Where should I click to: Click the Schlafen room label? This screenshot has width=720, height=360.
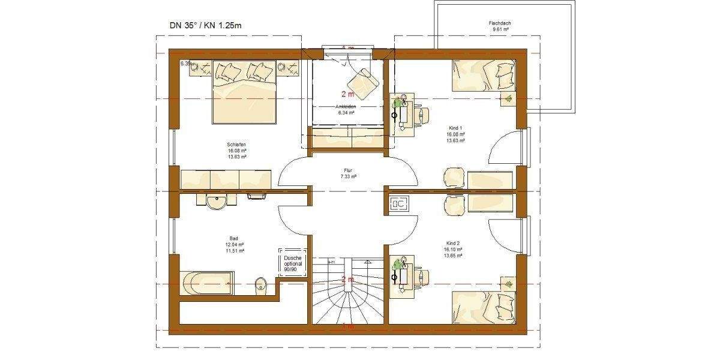coord(236,145)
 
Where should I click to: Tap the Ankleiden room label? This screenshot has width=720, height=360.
coord(347,106)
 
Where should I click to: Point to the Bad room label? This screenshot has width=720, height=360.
coord(234,238)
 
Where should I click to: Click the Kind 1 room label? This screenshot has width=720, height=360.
coord(455,128)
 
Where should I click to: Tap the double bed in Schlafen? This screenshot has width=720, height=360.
coord(243,90)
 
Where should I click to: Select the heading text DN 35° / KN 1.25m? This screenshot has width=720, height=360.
coord(206,26)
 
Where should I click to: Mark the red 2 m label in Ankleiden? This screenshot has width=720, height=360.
coord(347,94)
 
